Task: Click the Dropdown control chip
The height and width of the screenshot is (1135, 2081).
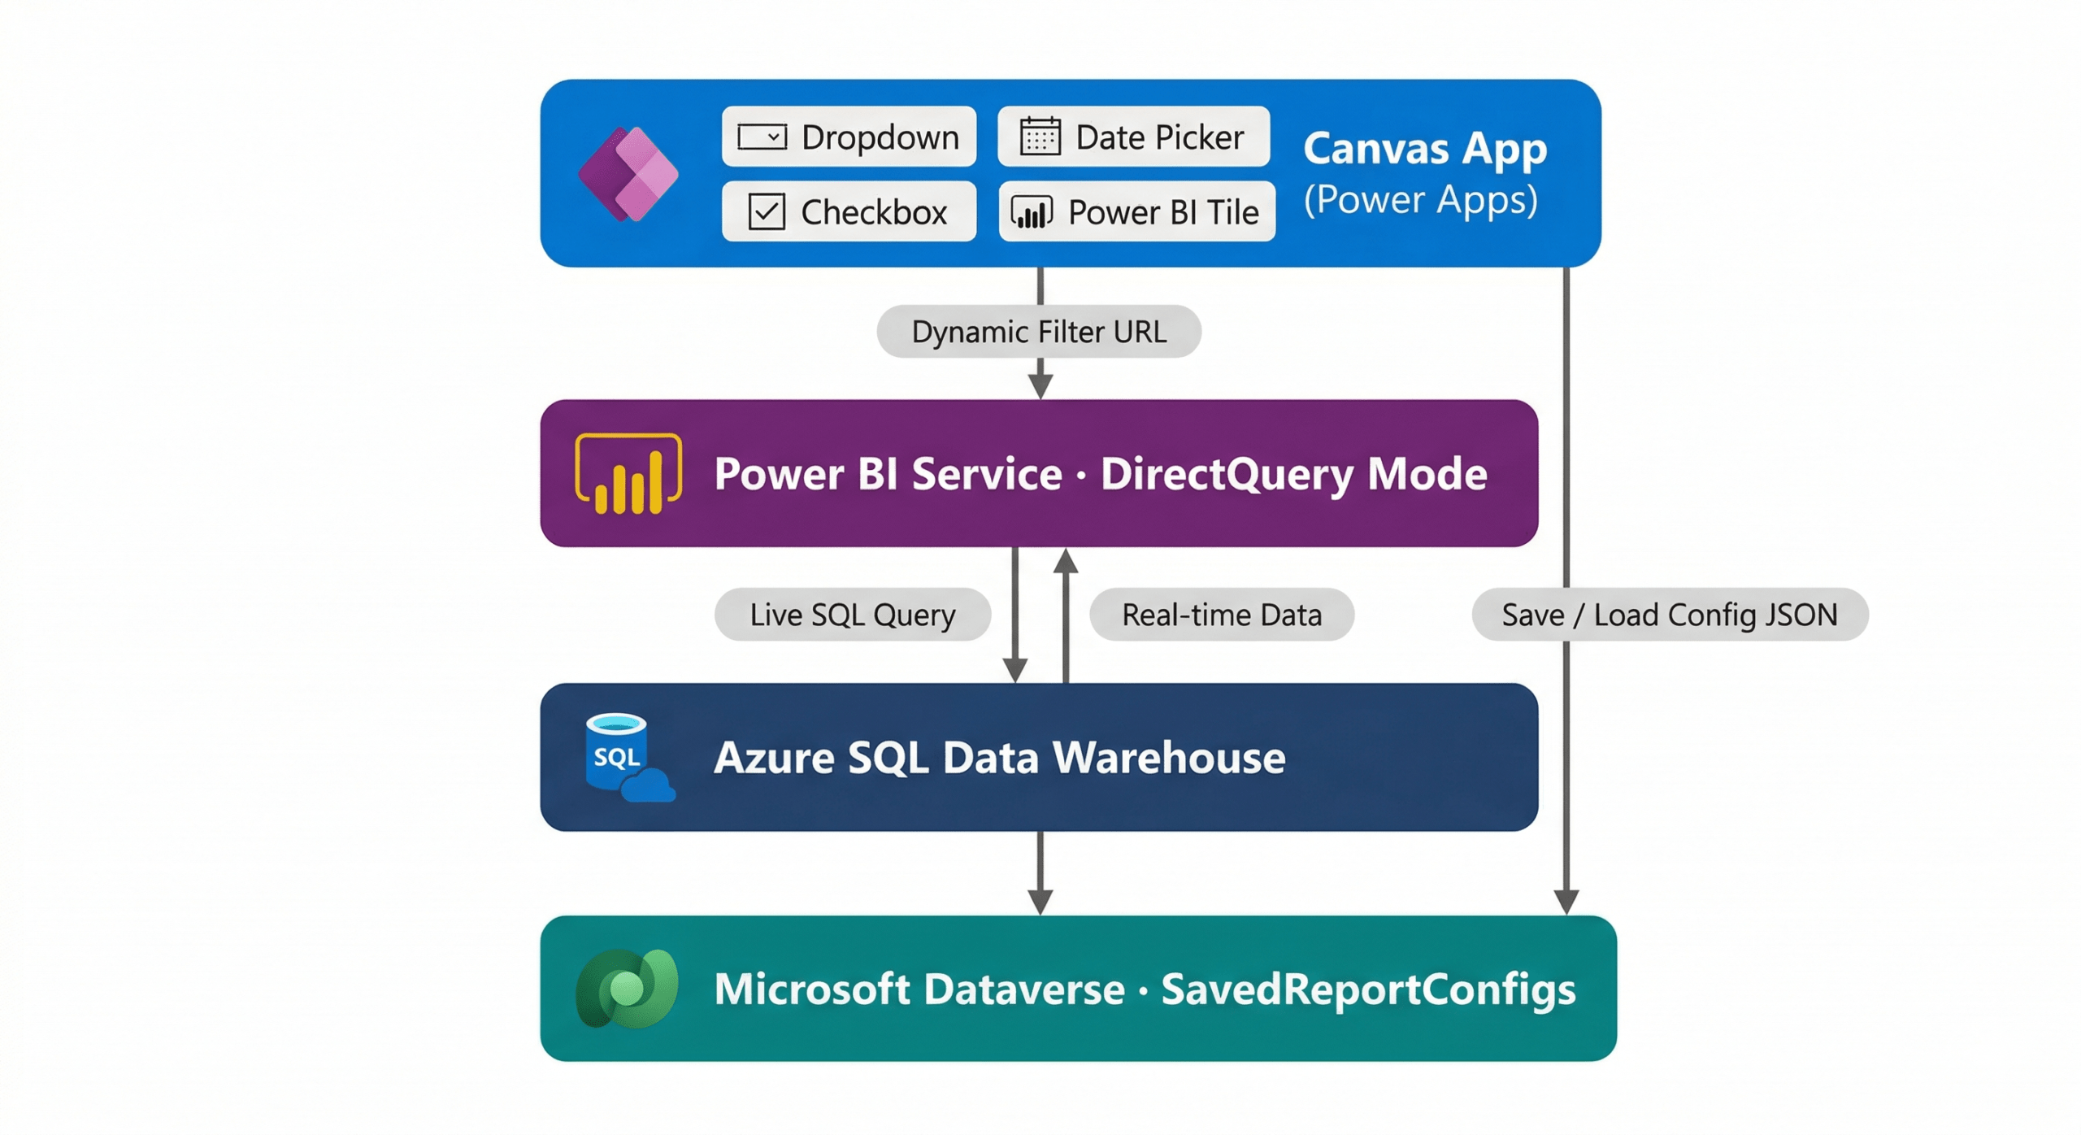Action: click(x=849, y=137)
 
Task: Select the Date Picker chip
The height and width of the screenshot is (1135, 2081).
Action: click(x=1133, y=137)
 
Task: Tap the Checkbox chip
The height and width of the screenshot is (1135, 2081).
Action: click(x=849, y=211)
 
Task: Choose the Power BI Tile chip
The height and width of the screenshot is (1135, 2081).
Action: click(x=1136, y=211)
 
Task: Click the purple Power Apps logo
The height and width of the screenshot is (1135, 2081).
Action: click(x=628, y=174)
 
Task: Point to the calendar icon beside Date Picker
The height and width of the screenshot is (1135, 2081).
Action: click(x=1040, y=136)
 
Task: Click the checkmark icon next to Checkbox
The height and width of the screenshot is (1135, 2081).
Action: click(x=766, y=211)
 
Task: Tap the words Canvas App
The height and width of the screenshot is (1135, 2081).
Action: click(x=1425, y=149)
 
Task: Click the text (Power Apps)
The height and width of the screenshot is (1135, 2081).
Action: click(x=1421, y=200)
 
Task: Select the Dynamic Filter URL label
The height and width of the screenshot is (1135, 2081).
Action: click(x=1039, y=332)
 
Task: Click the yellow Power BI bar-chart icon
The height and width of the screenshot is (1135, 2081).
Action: click(x=628, y=474)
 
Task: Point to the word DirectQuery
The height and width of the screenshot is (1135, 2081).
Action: click(x=1227, y=474)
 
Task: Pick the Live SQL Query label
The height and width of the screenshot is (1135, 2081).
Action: click(x=853, y=615)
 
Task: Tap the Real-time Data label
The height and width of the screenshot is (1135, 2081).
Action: click(x=1222, y=615)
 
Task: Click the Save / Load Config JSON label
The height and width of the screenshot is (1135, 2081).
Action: click(x=1670, y=615)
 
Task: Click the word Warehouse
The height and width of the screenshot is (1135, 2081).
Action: click(x=1169, y=758)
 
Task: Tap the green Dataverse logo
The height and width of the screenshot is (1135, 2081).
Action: click(x=627, y=989)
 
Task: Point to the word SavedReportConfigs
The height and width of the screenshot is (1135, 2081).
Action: click(x=1368, y=990)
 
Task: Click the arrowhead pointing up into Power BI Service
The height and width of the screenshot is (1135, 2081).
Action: click(x=1066, y=561)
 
